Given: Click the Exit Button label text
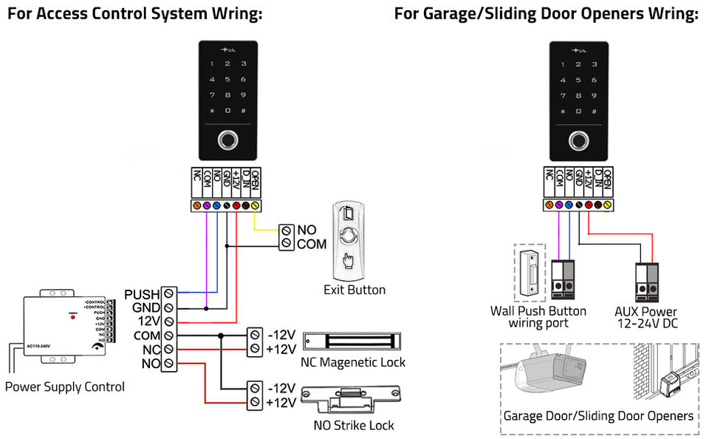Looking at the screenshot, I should coord(354,290).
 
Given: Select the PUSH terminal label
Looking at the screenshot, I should coord(141,294).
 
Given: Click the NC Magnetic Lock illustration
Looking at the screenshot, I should coord(352,341).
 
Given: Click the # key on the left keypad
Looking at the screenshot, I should coord(244,111).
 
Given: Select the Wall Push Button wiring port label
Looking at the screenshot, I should coord(538,317).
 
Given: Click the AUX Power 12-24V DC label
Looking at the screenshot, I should coord(646,317).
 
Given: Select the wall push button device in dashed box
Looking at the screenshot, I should coord(528,273).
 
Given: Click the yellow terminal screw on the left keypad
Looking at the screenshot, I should coord(256,205).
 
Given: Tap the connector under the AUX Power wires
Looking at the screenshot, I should coord(646,279).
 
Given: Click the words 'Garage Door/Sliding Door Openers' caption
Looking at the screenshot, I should coord(598,415).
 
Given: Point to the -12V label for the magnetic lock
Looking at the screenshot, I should coord(281,333).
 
